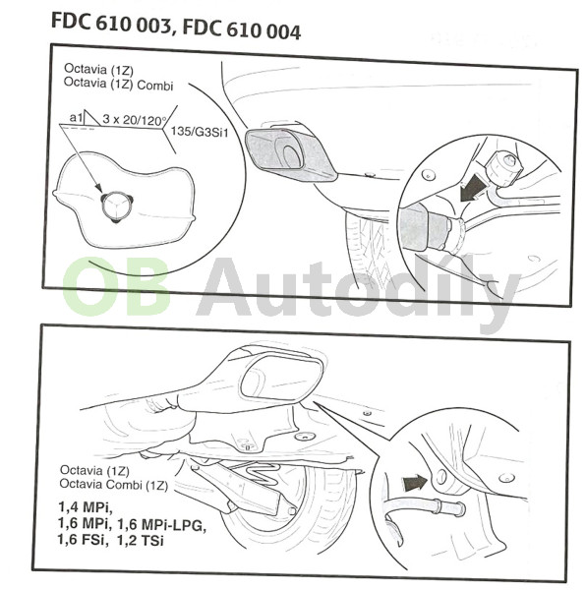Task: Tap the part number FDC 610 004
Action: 242,29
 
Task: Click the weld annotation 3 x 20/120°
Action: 135,120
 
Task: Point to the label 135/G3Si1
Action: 200,132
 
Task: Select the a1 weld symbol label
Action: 76,118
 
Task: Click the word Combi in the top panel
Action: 155,86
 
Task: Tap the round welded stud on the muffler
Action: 116,206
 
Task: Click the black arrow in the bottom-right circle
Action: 415,483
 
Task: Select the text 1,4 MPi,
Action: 86,506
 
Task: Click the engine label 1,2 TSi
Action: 141,540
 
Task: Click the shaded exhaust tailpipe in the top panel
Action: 290,154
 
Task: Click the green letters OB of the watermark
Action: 116,286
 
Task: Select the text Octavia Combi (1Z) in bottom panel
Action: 114,484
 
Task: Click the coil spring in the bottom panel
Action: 260,472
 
